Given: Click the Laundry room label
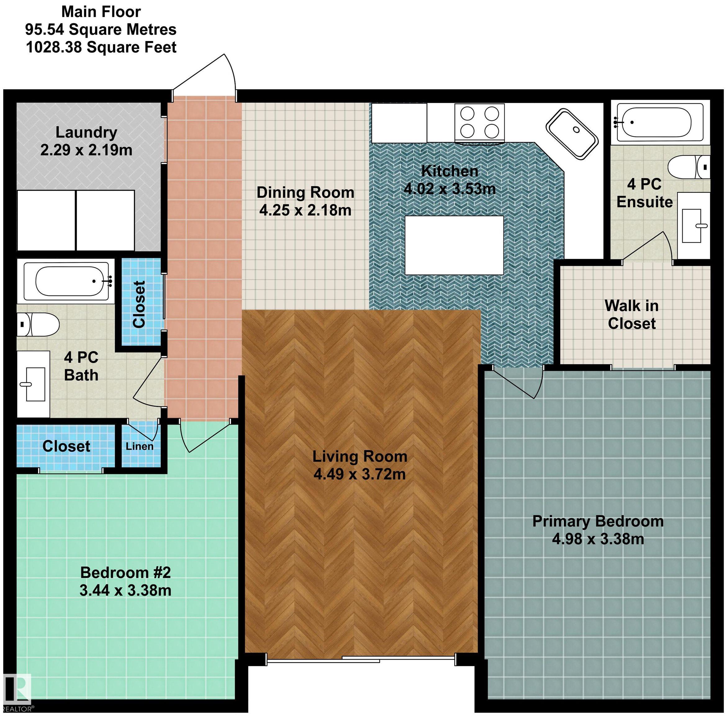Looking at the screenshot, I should point(86,132).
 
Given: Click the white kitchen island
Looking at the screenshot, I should point(454,245).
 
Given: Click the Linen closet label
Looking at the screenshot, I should point(139,446).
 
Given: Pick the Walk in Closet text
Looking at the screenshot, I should point(632,314).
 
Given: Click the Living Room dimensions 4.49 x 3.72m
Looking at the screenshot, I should point(359,474).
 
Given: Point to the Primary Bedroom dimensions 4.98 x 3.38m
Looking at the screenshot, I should point(598,539).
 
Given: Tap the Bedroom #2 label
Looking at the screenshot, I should point(125,572).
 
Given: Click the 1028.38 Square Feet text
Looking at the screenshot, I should point(101,47).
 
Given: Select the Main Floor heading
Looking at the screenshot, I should point(101,12).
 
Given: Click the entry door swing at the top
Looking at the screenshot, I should point(210,77).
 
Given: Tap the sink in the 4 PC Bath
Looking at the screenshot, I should point(33,383).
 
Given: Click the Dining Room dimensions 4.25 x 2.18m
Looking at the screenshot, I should point(305,210).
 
